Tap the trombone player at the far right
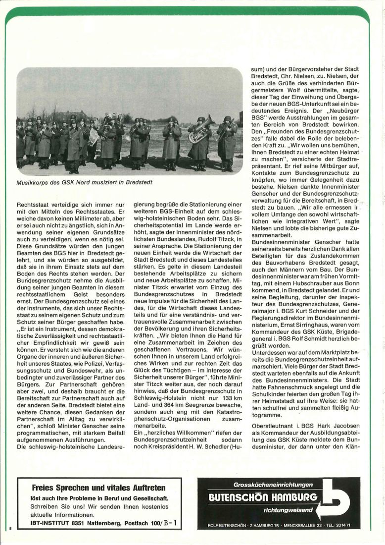coord(228,141)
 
